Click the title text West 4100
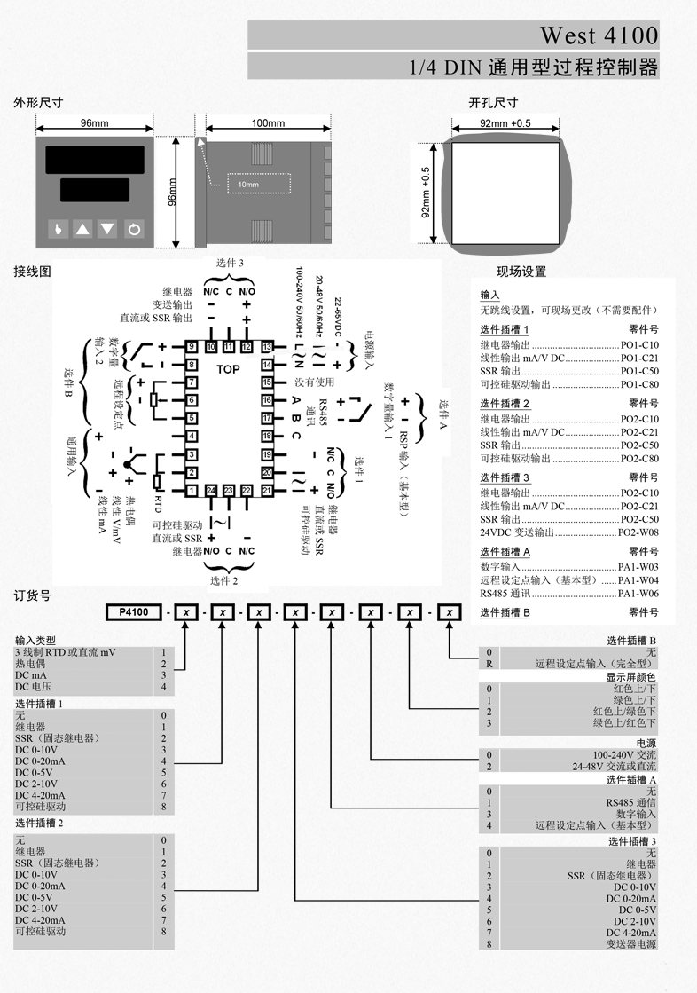click(x=599, y=35)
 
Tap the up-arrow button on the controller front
click(x=82, y=229)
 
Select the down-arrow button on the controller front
click(x=107, y=229)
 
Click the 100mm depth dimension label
click(x=268, y=123)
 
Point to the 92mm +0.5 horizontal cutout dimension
click(x=505, y=123)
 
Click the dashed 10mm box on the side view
click(x=258, y=183)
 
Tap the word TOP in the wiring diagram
click(x=229, y=368)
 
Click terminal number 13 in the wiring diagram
click(x=267, y=346)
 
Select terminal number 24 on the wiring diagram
click(x=211, y=490)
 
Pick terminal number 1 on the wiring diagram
click(x=191, y=490)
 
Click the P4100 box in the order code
click(x=133, y=611)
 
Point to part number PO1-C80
click(x=639, y=385)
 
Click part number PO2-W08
click(x=638, y=532)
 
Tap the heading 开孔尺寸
click(x=493, y=104)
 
